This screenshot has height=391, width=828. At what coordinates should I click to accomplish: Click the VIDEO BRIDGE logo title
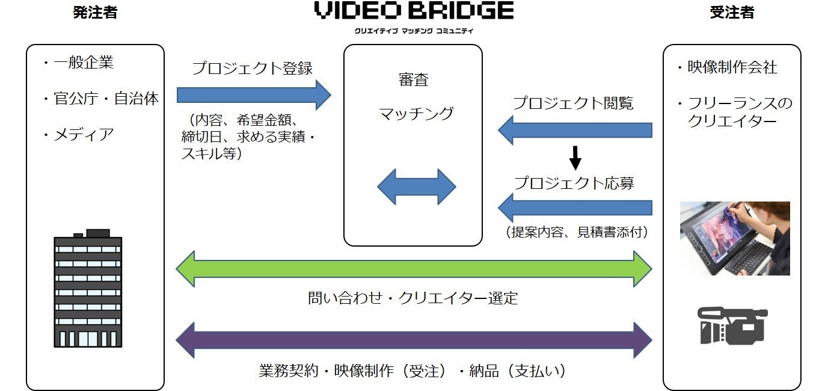[414, 11]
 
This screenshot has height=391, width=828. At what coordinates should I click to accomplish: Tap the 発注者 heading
[95, 13]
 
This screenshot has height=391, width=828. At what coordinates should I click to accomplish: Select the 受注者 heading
[732, 13]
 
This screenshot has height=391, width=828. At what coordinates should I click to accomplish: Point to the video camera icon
[732, 325]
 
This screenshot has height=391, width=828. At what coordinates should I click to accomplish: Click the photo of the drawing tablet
[734, 238]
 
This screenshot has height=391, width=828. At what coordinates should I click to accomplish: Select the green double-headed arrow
[414, 269]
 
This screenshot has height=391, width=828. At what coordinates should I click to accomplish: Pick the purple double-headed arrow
[414, 340]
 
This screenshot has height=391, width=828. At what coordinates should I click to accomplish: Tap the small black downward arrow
[575, 158]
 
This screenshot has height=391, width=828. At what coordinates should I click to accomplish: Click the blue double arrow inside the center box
[416, 186]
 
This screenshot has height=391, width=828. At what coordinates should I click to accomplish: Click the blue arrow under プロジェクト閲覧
[575, 130]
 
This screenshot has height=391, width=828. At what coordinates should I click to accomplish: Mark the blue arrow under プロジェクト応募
[575, 208]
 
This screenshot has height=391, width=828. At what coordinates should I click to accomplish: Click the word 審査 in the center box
[413, 81]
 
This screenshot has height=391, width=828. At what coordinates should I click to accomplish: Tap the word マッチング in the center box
[416, 113]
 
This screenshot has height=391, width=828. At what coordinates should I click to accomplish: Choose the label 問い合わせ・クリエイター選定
[412, 298]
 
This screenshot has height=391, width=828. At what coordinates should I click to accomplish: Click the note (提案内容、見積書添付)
[577, 232]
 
